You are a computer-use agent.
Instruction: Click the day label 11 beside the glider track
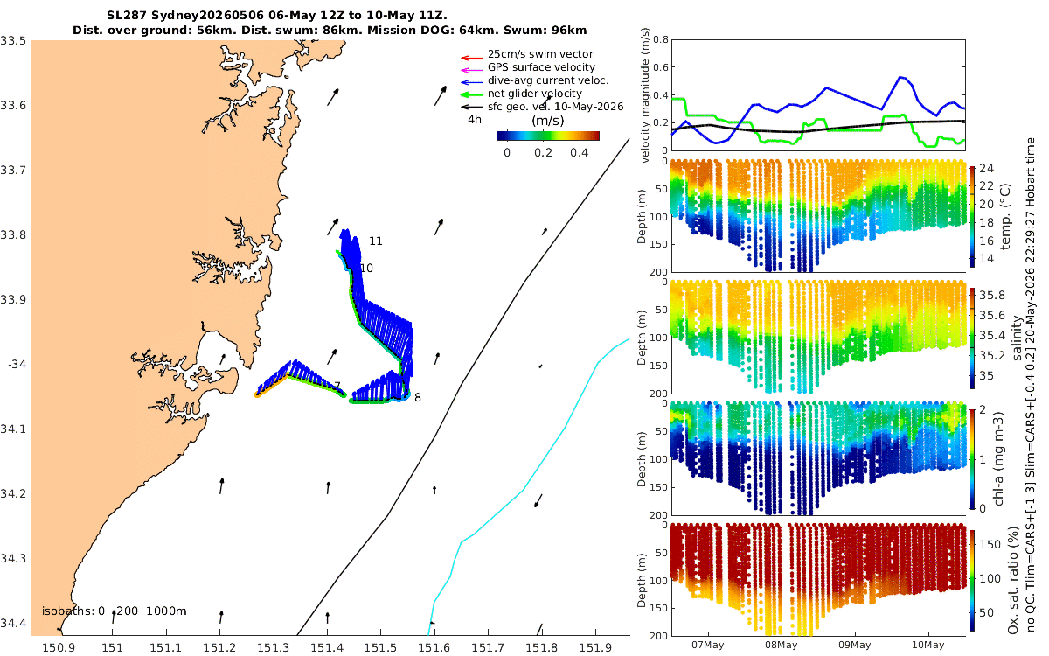[376, 241]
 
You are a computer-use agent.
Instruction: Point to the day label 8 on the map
[418, 398]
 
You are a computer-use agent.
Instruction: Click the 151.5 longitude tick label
[381, 648]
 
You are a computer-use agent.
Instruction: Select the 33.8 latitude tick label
[13, 234]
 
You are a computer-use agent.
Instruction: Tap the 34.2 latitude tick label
[13, 494]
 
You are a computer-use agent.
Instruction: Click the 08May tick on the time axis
[782, 646]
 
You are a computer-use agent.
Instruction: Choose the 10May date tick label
[927, 646]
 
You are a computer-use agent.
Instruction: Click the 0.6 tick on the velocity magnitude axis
[661, 67]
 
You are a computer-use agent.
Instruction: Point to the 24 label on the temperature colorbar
[987, 169]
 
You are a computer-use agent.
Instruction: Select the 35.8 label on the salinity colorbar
[992, 296]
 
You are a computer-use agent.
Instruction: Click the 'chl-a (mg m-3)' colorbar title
[999, 459]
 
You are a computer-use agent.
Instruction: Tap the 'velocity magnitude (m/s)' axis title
[645, 95]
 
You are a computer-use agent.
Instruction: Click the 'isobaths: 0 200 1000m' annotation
[115, 611]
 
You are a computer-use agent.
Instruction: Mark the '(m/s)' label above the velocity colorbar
[548, 121]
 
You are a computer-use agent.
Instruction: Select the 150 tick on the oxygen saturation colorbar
[990, 544]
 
